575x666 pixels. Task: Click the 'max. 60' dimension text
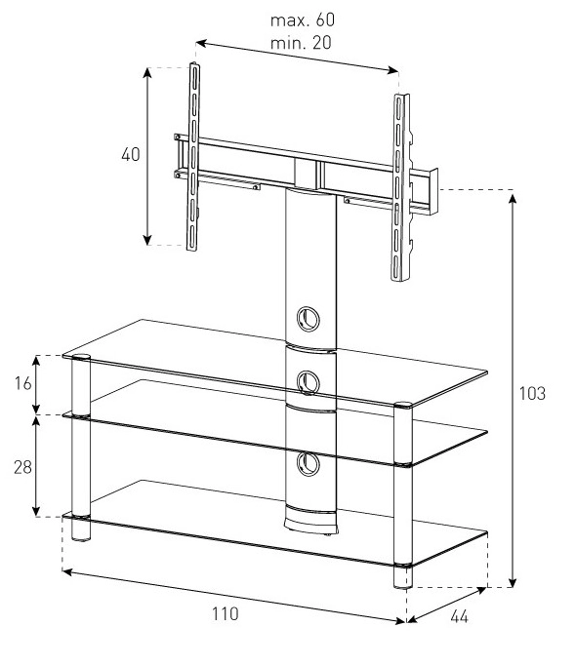click(x=303, y=20)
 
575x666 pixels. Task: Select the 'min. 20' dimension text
click(x=301, y=43)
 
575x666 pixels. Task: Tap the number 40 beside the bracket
click(x=131, y=155)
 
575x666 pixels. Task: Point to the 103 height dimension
click(x=532, y=393)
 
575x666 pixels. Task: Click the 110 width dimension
click(x=226, y=613)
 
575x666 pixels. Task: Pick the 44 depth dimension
click(x=460, y=616)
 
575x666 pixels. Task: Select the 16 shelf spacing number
click(x=23, y=383)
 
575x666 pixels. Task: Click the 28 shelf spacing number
click(x=23, y=467)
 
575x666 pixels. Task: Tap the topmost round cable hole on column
click(x=308, y=319)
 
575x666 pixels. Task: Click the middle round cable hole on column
click(x=308, y=382)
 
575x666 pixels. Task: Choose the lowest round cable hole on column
click(x=308, y=463)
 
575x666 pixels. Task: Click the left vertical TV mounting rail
click(x=193, y=157)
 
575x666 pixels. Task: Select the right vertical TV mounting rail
click(x=400, y=187)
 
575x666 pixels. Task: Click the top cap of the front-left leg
click(x=81, y=357)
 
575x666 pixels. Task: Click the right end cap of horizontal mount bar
click(x=433, y=191)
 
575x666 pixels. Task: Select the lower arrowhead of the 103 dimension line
click(x=513, y=582)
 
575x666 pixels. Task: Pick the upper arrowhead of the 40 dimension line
click(x=147, y=73)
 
